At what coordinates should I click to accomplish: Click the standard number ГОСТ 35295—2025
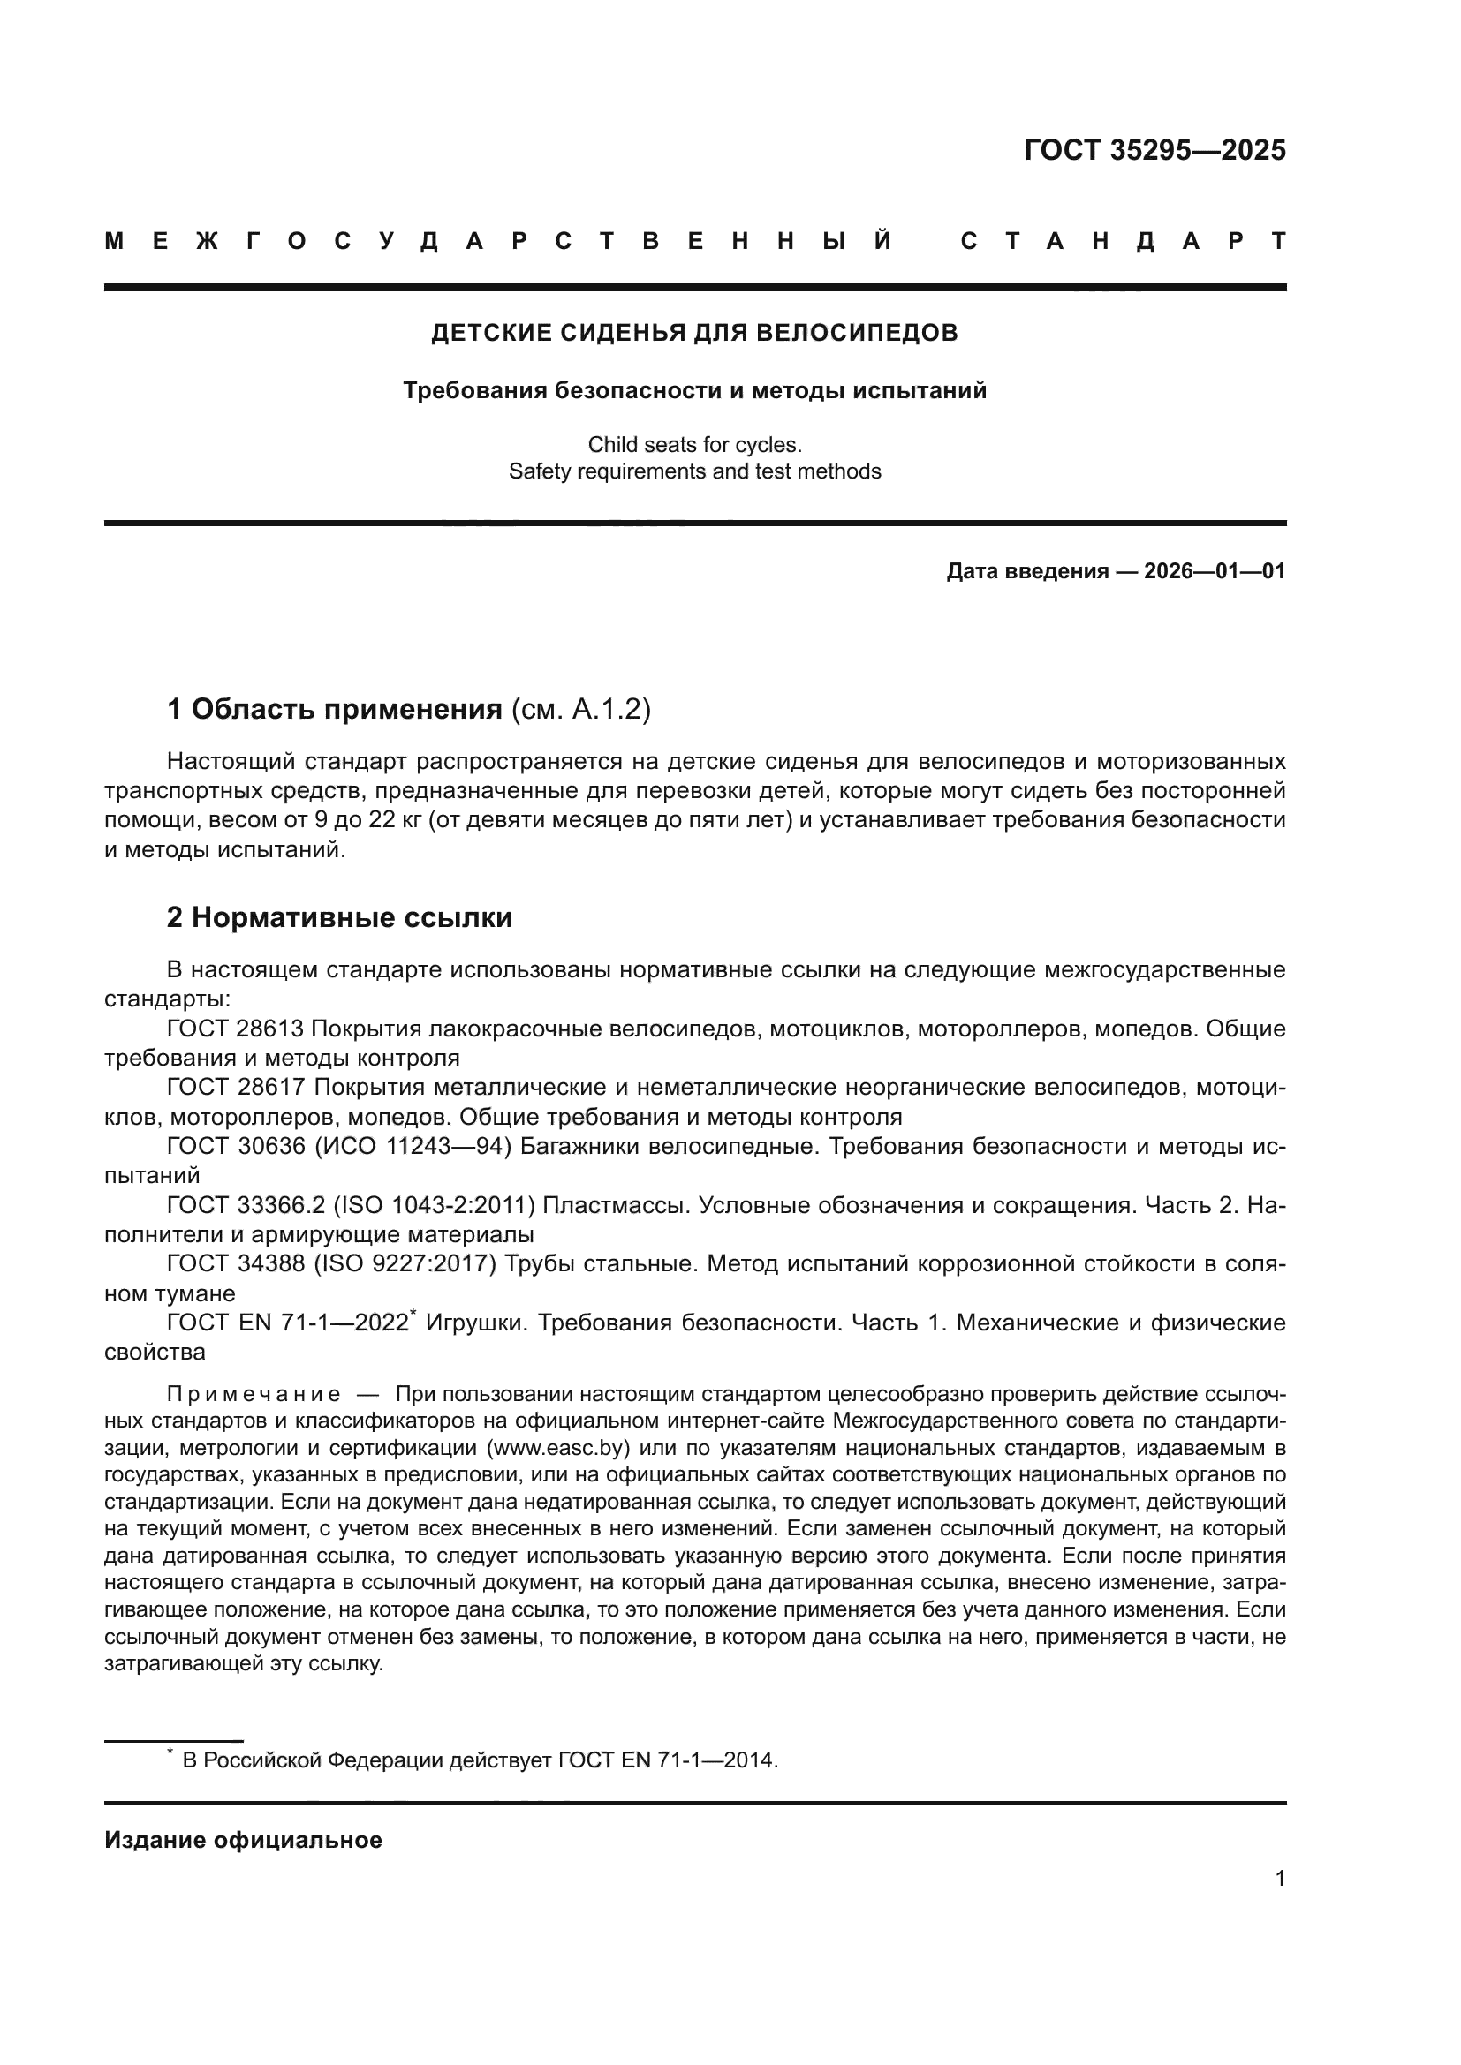[1154, 150]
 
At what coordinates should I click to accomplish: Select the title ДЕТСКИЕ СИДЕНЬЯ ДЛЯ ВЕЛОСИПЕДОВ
[694, 333]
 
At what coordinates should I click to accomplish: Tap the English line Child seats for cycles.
[694, 444]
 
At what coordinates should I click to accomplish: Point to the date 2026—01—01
[1214, 571]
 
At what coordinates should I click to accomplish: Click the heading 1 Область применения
[335, 710]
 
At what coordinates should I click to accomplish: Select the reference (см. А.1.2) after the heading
[580, 710]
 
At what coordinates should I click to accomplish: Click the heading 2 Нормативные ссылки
[339, 917]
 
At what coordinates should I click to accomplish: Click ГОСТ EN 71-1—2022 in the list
[287, 1323]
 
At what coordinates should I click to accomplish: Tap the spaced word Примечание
[254, 1395]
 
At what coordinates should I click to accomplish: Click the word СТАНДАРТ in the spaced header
[1123, 241]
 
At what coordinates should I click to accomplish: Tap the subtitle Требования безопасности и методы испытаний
[694, 390]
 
